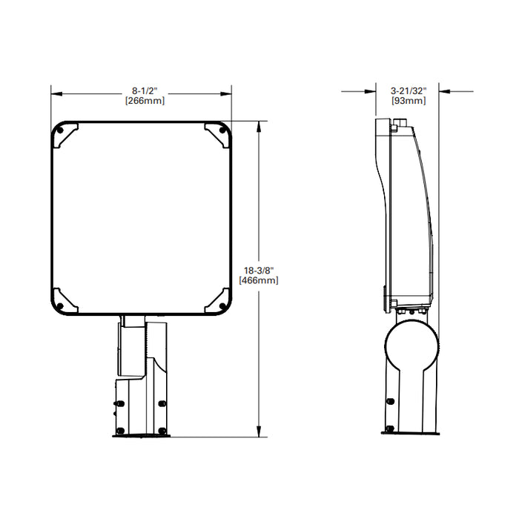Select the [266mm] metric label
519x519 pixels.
(141, 101)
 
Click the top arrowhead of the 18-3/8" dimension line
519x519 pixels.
(258, 125)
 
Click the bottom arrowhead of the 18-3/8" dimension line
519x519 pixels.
(258, 432)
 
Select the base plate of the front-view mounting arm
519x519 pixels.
(142, 435)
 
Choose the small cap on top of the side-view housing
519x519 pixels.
(394, 126)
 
